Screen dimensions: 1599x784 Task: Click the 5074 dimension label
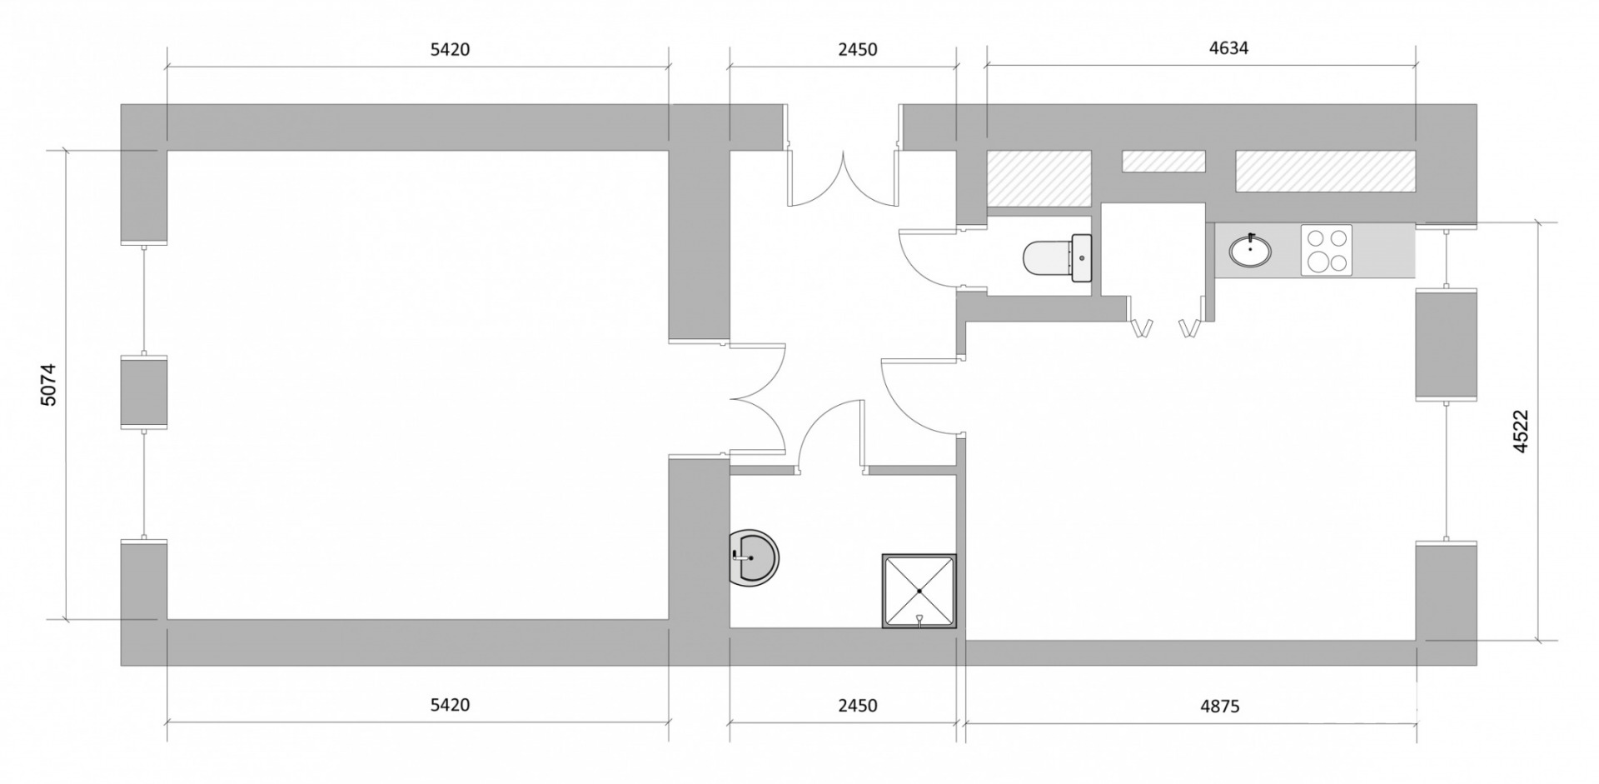[x=49, y=384]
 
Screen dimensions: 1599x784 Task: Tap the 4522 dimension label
[x=1521, y=432]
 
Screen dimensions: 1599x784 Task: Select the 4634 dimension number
[x=1228, y=48]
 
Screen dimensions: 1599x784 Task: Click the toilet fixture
[x=1057, y=257]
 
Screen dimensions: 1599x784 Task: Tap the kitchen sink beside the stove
[x=1250, y=249]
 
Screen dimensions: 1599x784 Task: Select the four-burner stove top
[x=1327, y=250]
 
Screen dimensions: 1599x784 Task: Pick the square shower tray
[x=919, y=591]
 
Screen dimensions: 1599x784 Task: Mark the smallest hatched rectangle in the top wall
[x=1163, y=162]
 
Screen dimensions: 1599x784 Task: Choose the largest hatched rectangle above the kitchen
[x=1325, y=170]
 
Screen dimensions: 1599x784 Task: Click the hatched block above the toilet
[x=1039, y=178]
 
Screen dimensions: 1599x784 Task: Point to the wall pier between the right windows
[x=1446, y=344]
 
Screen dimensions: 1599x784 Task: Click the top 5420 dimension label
[x=450, y=49]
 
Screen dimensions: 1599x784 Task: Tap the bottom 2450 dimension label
[x=858, y=706]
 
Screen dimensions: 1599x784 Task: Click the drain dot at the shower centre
[x=919, y=591]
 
